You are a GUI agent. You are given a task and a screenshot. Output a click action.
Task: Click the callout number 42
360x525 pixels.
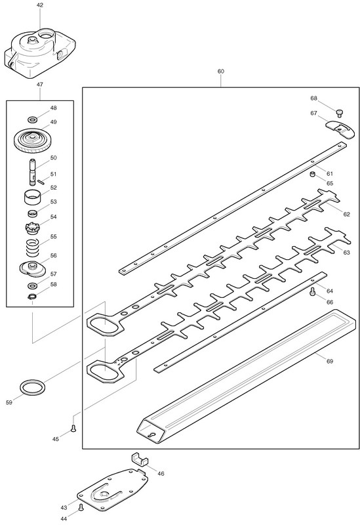click(40, 5)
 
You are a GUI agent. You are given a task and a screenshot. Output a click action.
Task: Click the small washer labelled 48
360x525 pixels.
click(32, 119)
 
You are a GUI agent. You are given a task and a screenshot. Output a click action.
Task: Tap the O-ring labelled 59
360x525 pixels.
click(32, 388)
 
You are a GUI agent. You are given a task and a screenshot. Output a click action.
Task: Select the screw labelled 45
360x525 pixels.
click(73, 429)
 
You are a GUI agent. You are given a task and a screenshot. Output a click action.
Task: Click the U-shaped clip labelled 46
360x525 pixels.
click(139, 458)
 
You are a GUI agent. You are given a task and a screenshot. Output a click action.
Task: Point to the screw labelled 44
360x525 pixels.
click(80, 507)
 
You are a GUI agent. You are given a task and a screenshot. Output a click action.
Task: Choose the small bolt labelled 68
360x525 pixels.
click(339, 113)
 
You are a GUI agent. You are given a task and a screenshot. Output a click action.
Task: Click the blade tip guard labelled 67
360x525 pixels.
click(340, 129)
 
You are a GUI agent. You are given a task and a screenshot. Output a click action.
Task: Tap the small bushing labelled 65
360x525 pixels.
click(313, 174)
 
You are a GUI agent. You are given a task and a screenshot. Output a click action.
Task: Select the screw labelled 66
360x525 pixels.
click(313, 291)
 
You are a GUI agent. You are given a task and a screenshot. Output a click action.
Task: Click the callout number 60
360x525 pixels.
click(221, 71)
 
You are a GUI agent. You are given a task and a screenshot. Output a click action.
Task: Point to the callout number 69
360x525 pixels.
click(330, 362)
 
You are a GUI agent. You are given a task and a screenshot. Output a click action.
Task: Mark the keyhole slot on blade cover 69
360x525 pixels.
click(151, 434)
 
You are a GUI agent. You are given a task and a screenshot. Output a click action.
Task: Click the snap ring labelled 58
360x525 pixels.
click(32, 296)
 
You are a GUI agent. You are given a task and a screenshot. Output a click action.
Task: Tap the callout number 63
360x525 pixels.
click(347, 252)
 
